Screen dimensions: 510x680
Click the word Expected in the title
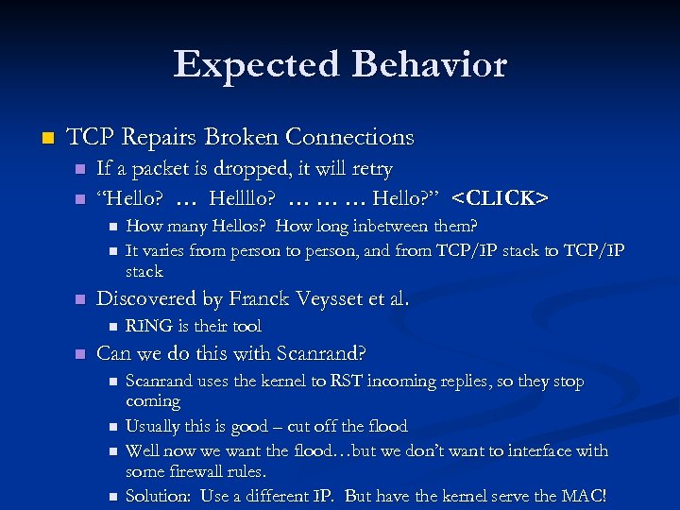(255, 64)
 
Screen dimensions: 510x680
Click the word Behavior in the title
(430, 64)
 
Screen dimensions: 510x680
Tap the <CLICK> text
(500, 198)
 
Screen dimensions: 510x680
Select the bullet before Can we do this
(80, 355)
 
